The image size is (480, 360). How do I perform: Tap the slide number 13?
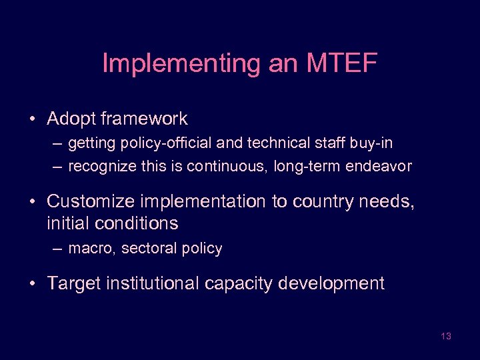point(446,336)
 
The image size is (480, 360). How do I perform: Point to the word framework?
point(145,119)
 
